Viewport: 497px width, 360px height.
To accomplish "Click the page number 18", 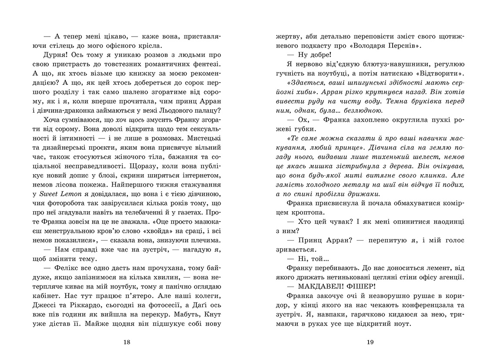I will [127, 342].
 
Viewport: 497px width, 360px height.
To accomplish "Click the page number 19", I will [370, 342].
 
